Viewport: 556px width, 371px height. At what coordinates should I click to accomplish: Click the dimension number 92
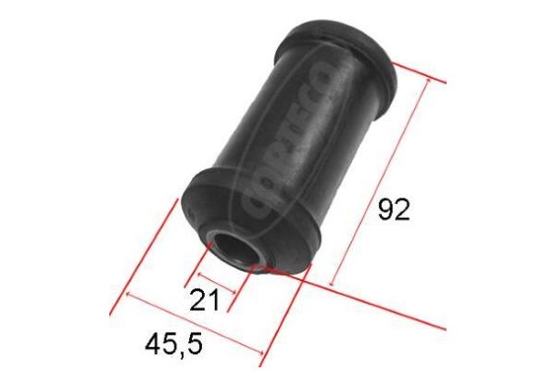pos(394,211)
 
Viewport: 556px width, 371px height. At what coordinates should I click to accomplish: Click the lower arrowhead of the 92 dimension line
pos(331,281)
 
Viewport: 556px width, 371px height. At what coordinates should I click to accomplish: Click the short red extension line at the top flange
pos(422,74)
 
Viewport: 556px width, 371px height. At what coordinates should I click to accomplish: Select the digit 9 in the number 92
pos(385,211)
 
